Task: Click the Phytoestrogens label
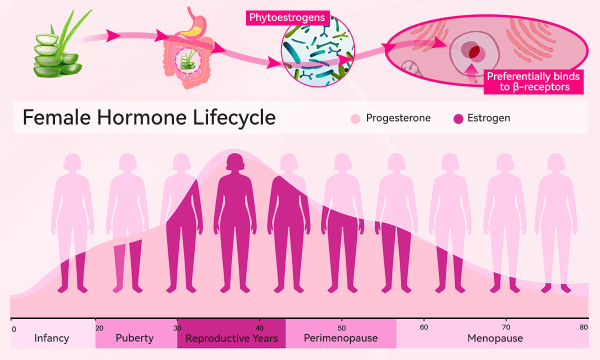(x=287, y=17)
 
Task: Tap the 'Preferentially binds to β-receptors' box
(x=533, y=82)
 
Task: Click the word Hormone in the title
(x=141, y=117)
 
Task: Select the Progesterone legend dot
(x=355, y=118)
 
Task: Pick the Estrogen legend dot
(x=458, y=118)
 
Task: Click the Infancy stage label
(x=51, y=338)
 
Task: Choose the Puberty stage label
(x=134, y=338)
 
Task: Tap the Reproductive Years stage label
(x=231, y=338)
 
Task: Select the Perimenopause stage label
(x=340, y=338)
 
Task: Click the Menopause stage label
(x=495, y=338)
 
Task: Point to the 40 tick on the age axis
(x=259, y=320)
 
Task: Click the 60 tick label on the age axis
(x=424, y=327)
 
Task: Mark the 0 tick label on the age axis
(x=14, y=329)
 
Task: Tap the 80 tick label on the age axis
(x=583, y=327)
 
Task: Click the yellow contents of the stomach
(x=190, y=32)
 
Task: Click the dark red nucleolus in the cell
(x=474, y=51)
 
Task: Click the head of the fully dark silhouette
(x=235, y=162)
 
